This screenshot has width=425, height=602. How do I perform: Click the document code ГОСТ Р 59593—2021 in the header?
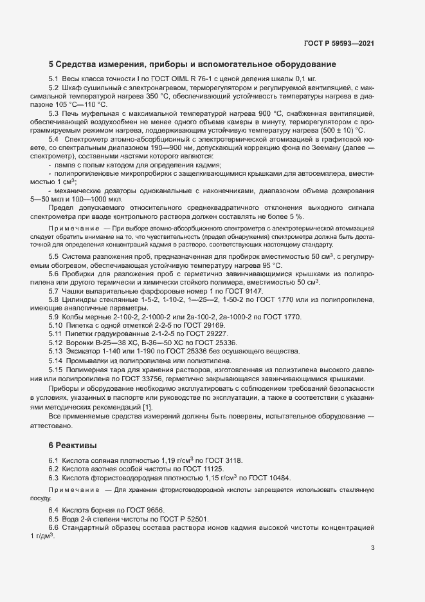339,43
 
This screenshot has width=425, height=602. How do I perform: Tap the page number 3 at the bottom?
373,549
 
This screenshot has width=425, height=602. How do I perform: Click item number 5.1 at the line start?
54,79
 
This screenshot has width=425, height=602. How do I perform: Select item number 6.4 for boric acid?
54,510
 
